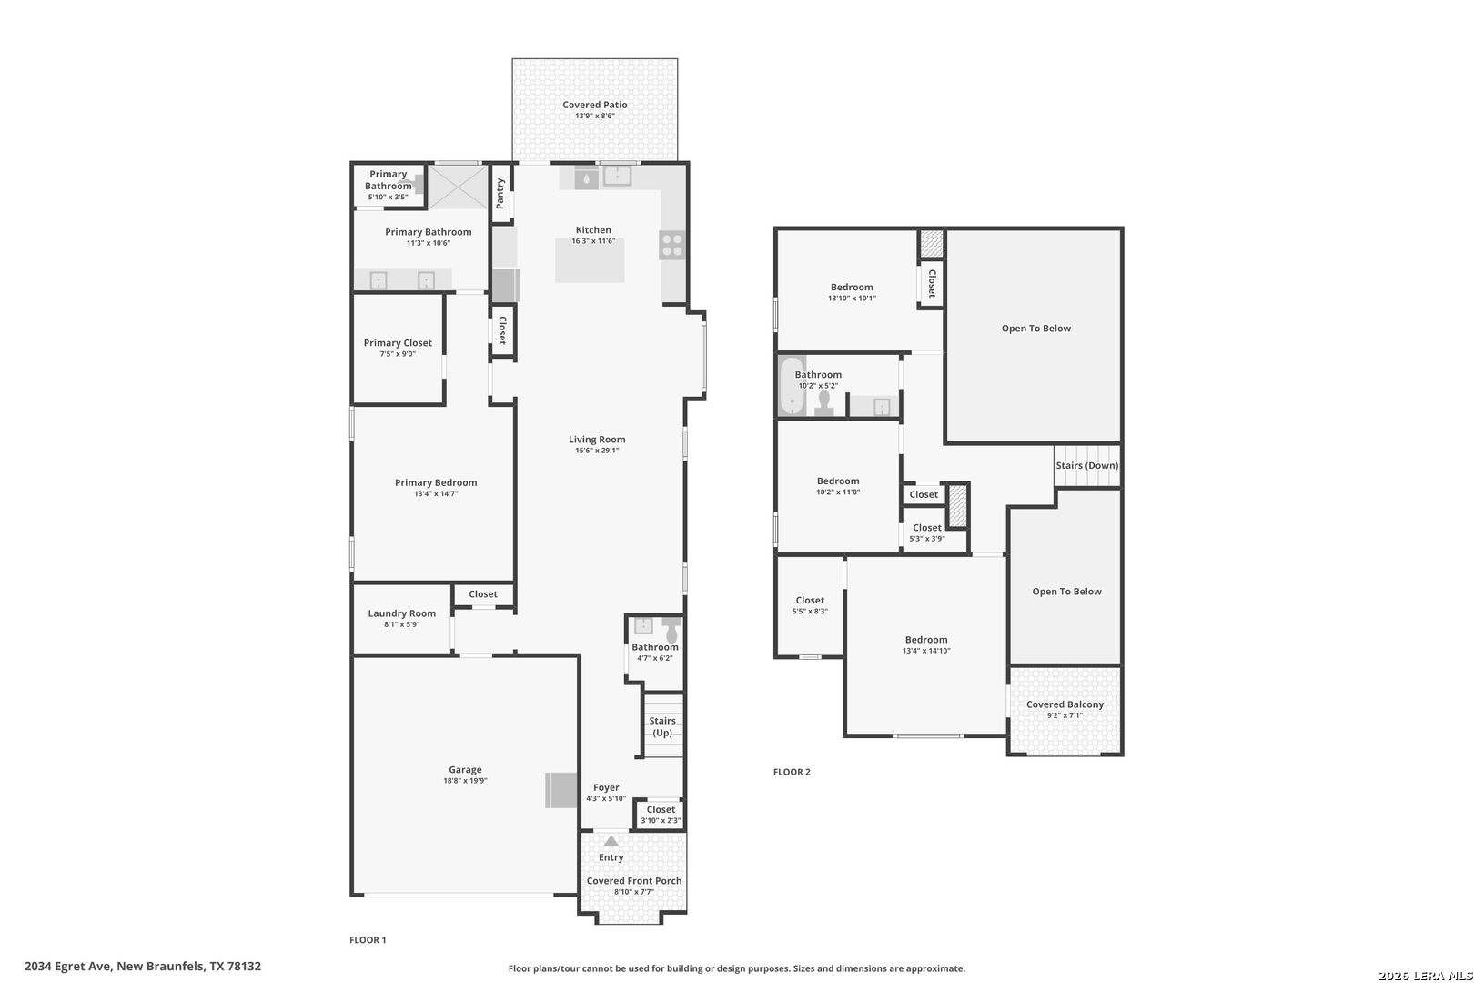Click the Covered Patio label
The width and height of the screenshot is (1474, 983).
[x=595, y=105]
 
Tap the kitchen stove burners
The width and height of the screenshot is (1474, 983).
[x=671, y=245]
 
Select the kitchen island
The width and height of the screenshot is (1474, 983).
[x=590, y=260]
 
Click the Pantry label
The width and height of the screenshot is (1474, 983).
[x=500, y=194]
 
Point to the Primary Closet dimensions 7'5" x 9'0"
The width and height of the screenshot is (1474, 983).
[x=398, y=354]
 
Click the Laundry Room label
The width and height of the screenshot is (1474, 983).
[x=401, y=613]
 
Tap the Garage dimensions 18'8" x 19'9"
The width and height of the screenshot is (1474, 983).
[x=465, y=781]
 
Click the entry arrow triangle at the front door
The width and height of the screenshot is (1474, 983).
[x=611, y=841]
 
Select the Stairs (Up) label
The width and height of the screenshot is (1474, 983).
[x=662, y=727]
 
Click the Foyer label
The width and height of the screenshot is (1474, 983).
[x=606, y=787]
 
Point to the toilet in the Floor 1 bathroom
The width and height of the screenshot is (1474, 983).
[x=671, y=630]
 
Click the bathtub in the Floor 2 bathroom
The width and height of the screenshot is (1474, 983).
[x=792, y=387]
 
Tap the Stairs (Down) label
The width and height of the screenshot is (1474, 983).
[x=1087, y=465]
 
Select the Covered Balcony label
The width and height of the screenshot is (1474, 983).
[x=1065, y=704]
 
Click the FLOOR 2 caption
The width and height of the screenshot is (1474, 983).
[x=792, y=772]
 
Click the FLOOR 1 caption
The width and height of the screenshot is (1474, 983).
[x=368, y=939]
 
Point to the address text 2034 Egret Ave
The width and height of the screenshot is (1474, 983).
[x=68, y=967]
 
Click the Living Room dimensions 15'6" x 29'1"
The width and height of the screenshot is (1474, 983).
[x=597, y=451]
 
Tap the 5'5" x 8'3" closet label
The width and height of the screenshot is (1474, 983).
[x=810, y=612]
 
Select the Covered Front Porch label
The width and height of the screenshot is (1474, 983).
[x=633, y=881]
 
